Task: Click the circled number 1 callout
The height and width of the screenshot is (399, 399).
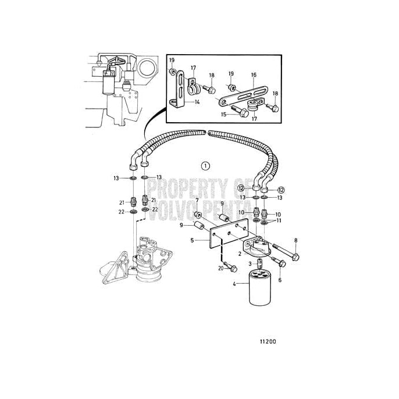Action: coord(205,166)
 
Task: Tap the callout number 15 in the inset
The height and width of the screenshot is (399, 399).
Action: coord(225,115)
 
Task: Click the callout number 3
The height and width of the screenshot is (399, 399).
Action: coord(245,265)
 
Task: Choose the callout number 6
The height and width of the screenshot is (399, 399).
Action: coord(279,280)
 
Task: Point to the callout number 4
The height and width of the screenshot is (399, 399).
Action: coord(234,284)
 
